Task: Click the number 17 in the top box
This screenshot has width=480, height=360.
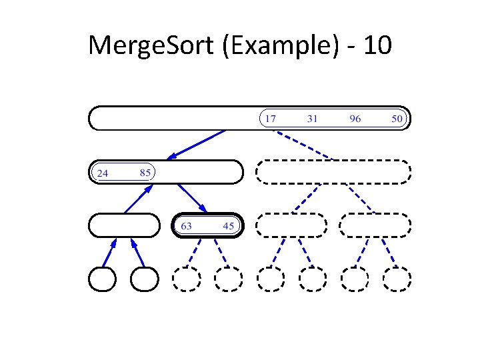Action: [270, 119]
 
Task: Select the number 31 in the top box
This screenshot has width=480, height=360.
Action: [312, 119]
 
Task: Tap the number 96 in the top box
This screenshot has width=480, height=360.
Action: [355, 119]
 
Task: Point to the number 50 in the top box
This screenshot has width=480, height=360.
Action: [397, 119]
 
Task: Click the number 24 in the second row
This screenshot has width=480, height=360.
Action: [103, 173]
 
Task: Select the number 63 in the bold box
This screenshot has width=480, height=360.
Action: [186, 226]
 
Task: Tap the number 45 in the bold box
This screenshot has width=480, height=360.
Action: [229, 226]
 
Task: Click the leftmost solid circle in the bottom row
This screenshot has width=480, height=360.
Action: [103, 279]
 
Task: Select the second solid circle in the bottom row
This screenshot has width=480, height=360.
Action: [145, 279]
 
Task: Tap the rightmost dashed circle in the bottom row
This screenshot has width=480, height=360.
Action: [397, 279]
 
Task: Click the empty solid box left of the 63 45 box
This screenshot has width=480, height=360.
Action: [124, 225]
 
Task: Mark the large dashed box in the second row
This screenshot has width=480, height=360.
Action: [333, 172]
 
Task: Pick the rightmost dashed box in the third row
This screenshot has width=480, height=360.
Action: [375, 225]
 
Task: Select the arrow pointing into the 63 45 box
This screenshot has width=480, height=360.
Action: [192, 199]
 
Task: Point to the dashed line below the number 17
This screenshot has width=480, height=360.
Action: [303, 145]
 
